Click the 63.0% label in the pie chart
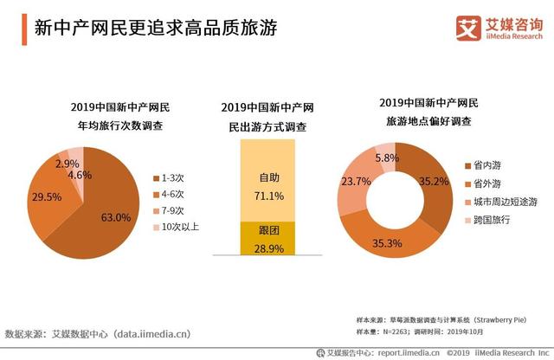point(117,217)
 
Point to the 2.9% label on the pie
point(68,164)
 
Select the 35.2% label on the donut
point(433,182)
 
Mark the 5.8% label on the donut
point(386,158)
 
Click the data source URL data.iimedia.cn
point(151,332)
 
